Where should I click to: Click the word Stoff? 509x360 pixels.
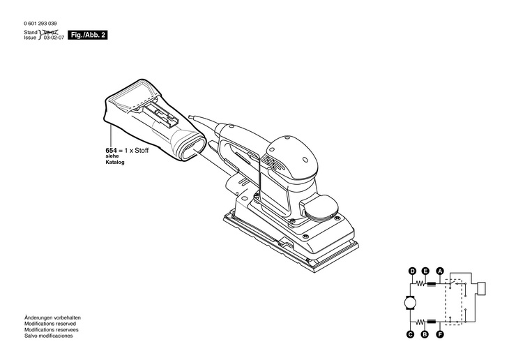142,150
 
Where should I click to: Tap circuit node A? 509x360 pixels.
439,271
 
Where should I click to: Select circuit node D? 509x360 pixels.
412,271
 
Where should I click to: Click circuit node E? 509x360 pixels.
425,271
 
